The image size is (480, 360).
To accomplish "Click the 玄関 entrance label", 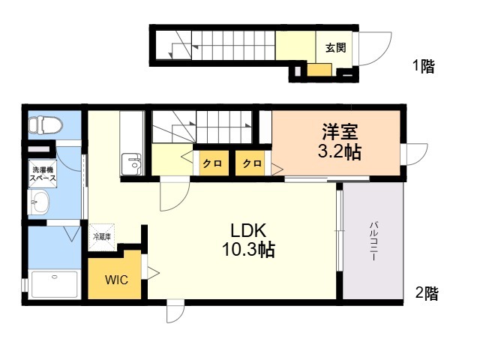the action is point(335,48).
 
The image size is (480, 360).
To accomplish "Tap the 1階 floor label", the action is point(424,66).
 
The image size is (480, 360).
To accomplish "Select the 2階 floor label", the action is point(427,293).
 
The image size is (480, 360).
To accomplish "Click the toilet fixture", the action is point(46,125).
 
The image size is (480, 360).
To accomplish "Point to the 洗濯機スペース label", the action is point(43,173).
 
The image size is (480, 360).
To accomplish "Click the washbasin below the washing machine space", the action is point(39,202).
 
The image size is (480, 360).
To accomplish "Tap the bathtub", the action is point(55,284).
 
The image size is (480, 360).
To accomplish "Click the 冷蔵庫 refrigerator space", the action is point(102,237).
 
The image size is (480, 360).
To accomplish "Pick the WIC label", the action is point(117,280).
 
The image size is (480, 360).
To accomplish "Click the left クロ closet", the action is point(214,163).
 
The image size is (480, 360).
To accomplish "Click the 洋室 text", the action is point(340,132).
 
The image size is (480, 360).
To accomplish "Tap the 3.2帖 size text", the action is point(340,151).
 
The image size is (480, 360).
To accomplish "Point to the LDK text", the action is point(248,230).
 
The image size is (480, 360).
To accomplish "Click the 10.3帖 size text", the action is point(248,250).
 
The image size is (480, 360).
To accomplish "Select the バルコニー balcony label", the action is point(373,241).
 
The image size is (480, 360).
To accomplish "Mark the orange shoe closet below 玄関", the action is point(319,70).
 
